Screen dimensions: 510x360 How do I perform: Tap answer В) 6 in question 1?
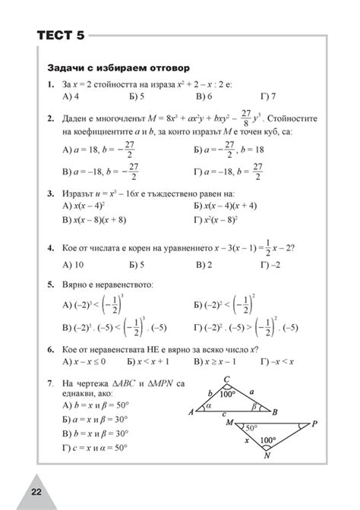pyautogui.click(x=204, y=97)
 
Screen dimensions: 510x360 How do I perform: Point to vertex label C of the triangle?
pyautogui.click(x=227, y=380)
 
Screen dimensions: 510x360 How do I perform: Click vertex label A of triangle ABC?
pyautogui.click(x=191, y=411)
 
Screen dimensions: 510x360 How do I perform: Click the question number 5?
pyautogui.click(x=49, y=285)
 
